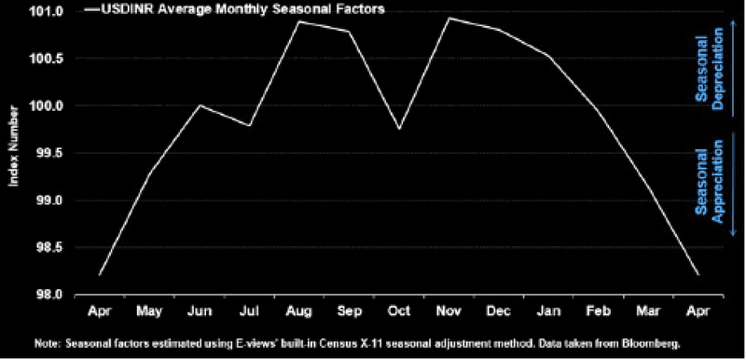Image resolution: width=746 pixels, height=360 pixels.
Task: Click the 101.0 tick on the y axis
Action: click(x=51, y=11)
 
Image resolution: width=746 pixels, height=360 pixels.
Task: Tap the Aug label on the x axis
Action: click(x=298, y=312)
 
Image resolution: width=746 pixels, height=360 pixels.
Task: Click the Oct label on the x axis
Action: click(x=398, y=311)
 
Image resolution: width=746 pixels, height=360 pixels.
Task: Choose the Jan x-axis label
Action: click(x=548, y=311)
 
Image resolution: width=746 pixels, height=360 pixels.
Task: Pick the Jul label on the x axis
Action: click(x=249, y=311)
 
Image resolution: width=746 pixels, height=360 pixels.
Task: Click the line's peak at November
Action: click(x=449, y=18)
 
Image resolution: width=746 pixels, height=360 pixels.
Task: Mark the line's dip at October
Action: click(x=399, y=129)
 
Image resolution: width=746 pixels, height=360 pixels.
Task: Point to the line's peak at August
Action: click(x=299, y=21)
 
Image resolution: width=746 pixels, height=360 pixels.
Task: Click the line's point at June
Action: click(x=200, y=105)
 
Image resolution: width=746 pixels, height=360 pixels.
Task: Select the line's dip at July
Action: click(x=249, y=126)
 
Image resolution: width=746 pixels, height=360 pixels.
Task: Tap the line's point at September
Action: click(x=349, y=32)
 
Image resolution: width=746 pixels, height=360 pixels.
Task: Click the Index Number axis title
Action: click(x=13, y=146)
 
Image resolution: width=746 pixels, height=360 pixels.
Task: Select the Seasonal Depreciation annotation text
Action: click(x=709, y=68)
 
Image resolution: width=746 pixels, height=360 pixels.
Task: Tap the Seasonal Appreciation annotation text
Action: click(x=709, y=182)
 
